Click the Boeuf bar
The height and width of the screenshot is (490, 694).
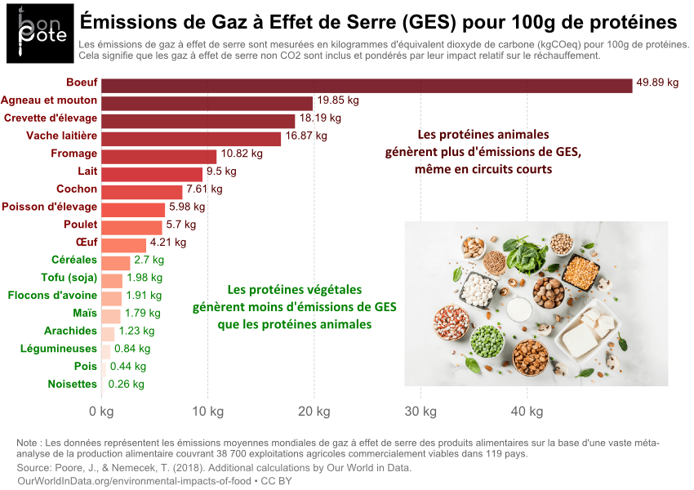[x=367, y=85]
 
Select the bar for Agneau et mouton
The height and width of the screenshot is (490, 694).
[x=207, y=103]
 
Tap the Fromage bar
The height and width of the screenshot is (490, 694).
[x=158, y=156]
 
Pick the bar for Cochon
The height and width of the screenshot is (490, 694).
[x=141, y=192]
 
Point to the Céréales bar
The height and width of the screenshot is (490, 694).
[x=115, y=263]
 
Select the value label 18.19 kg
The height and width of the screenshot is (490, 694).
[x=320, y=118]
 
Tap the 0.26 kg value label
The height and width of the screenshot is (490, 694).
[x=126, y=384]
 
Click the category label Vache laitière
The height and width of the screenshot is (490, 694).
[x=61, y=136]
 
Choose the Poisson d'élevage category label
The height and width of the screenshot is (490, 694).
[x=50, y=207]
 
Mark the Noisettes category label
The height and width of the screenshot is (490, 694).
[x=72, y=384]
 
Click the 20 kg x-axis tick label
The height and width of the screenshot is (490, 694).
[x=314, y=411]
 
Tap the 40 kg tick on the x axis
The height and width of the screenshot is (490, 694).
[x=527, y=411]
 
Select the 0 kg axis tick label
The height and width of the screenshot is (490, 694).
[x=101, y=411]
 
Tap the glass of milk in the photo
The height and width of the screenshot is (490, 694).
[x=518, y=310]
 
